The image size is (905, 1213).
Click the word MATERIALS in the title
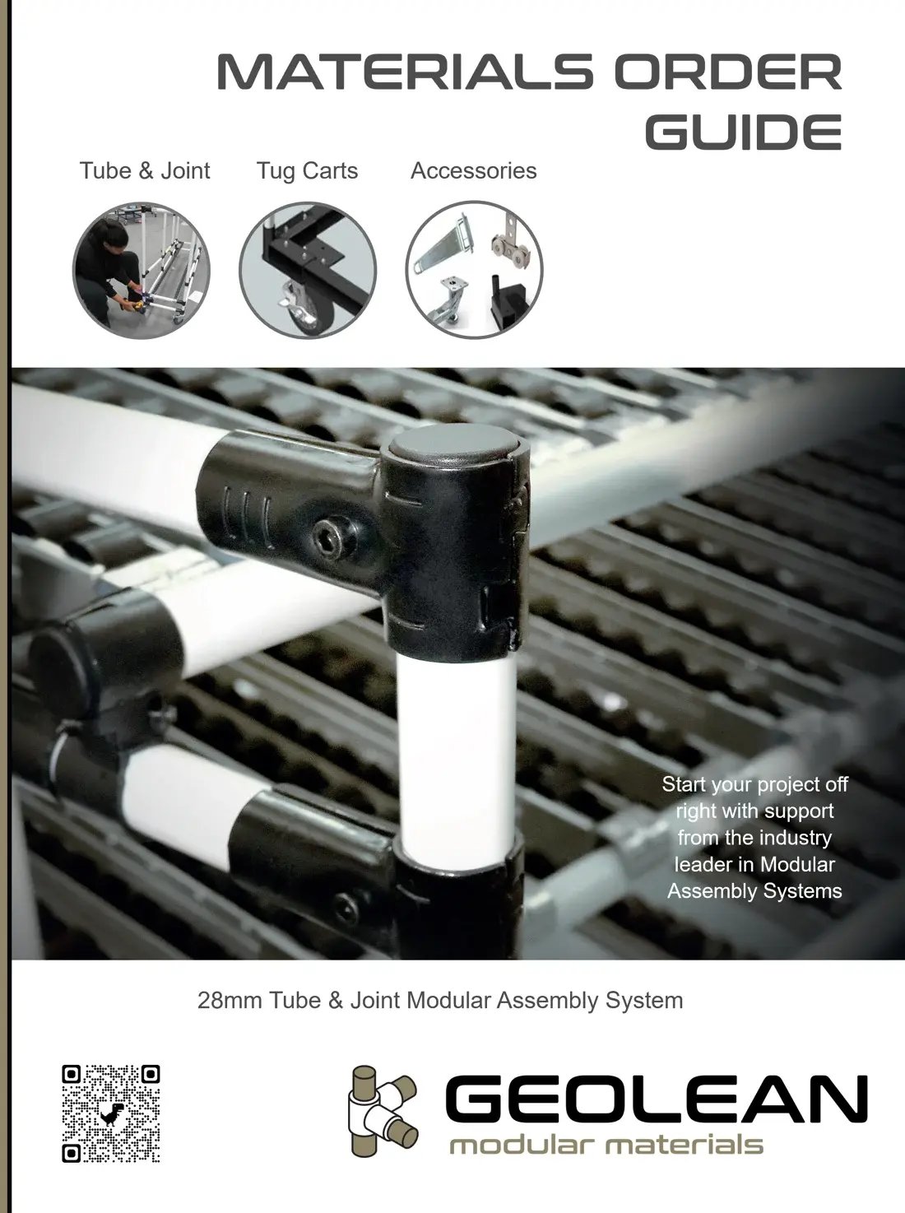pos(403,74)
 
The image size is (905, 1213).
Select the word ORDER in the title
pos(727,74)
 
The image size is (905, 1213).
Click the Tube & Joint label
pos(145,171)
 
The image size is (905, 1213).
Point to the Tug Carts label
pos(307,171)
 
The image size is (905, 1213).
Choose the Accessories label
pos(473,171)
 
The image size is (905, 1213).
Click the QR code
pos(110,1113)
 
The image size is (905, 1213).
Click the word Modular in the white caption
pos(797,864)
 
